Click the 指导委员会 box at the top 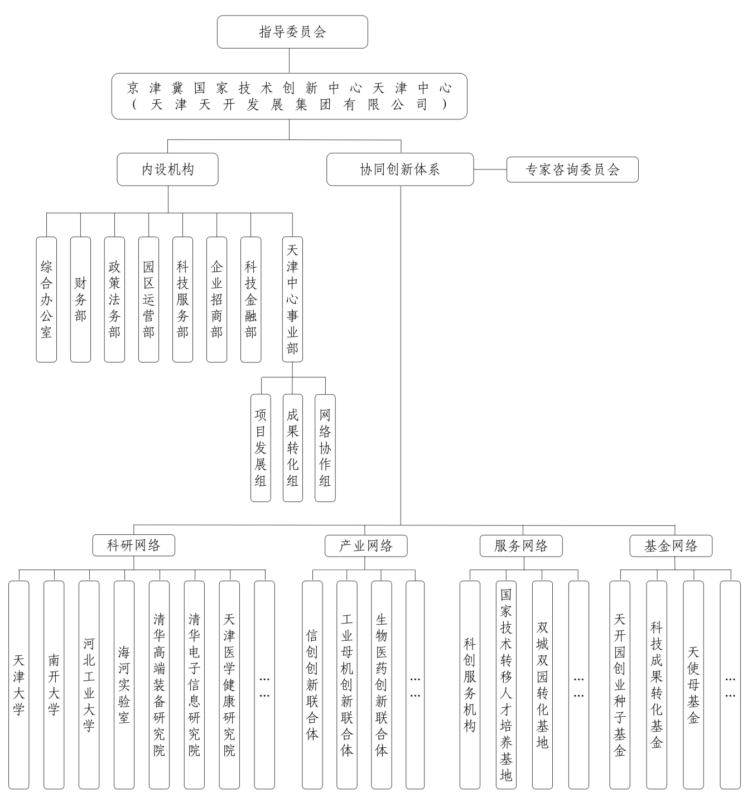292,32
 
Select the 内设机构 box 167,170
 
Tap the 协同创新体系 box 400,170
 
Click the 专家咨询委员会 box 572,170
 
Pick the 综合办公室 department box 46,299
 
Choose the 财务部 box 80,299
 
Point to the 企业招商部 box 216,299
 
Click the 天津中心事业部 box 292,299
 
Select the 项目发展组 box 261,448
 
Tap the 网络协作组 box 325,448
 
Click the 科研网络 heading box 134,545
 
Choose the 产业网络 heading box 366,546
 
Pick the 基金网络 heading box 671,546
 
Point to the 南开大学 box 54,685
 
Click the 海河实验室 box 124,685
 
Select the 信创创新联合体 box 312,685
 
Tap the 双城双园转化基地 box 542,685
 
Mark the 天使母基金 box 693,685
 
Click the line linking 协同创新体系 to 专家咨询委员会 490,170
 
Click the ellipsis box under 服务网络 579,685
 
